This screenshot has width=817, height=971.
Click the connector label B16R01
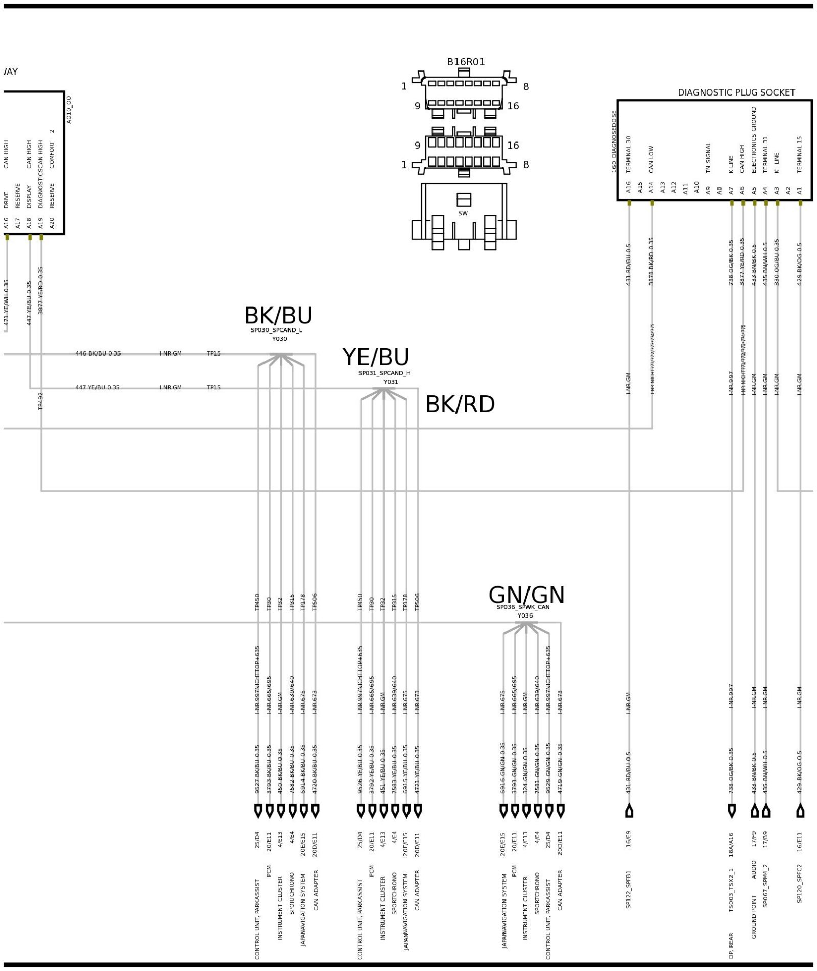click(x=466, y=62)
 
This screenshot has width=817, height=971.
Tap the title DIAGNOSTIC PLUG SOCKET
click(x=736, y=92)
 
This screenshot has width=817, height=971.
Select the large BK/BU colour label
click(x=278, y=316)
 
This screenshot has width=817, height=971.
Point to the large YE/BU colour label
click(x=376, y=358)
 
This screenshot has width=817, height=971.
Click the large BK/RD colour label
click(x=460, y=405)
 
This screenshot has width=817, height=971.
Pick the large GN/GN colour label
click(x=526, y=596)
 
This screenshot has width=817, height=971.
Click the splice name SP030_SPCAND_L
click(x=276, y=330)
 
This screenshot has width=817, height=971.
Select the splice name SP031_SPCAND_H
click(x=384, y=373)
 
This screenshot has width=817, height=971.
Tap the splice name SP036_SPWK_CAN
click(x=523, y=607)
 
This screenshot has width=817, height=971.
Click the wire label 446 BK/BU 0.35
click(x=98, y=353)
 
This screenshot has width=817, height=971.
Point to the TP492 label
click(x=41, y=401)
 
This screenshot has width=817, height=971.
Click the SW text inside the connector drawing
click(x=463, y=214)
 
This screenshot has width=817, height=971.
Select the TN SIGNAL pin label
click(x=708, y=158)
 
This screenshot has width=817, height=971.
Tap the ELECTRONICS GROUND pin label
click(x=754, y=139)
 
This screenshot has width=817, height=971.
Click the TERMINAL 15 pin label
click(x=800, y=154)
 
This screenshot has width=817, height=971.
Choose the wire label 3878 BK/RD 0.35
click(x=651, y=260)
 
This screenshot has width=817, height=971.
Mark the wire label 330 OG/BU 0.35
click(x=777, y=262)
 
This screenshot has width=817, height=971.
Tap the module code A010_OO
click(x=69, y=109)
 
